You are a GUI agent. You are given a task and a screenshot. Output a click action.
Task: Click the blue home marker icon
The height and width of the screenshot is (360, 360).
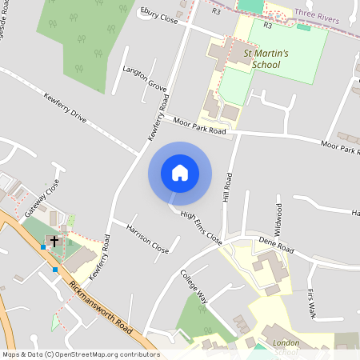[180, 172]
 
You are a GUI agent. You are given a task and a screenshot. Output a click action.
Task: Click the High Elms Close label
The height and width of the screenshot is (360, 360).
[201, 226]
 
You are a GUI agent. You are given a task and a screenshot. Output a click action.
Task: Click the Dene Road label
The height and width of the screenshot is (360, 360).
[278, 242]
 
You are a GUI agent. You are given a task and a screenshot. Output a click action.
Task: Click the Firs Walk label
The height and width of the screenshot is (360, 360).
[311, 300]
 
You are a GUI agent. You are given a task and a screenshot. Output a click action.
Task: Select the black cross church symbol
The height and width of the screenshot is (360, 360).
[54, 239]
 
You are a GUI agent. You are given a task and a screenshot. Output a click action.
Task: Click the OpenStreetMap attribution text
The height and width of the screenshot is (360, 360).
[80, 354]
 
